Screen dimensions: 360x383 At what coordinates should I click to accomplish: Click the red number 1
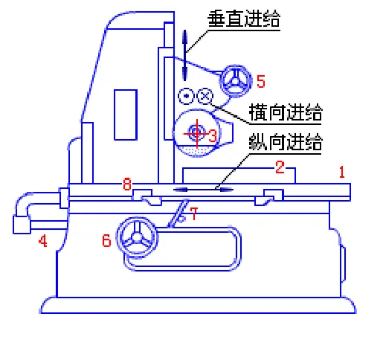(x=341, y=173)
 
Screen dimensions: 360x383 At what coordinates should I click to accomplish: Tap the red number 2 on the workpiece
(x=280, y=168)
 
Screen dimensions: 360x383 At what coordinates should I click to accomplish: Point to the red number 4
(x=43, y=241)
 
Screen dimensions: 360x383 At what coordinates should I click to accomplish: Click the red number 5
(x=260, y=80)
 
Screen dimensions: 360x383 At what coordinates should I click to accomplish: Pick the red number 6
(x=106, y=240)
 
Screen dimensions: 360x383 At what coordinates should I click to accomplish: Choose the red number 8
(x=126, y=182)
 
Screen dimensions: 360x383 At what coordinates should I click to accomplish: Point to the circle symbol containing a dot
(x=185, y=96)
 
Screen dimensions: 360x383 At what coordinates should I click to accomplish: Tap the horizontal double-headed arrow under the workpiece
(x=203, y=189)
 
